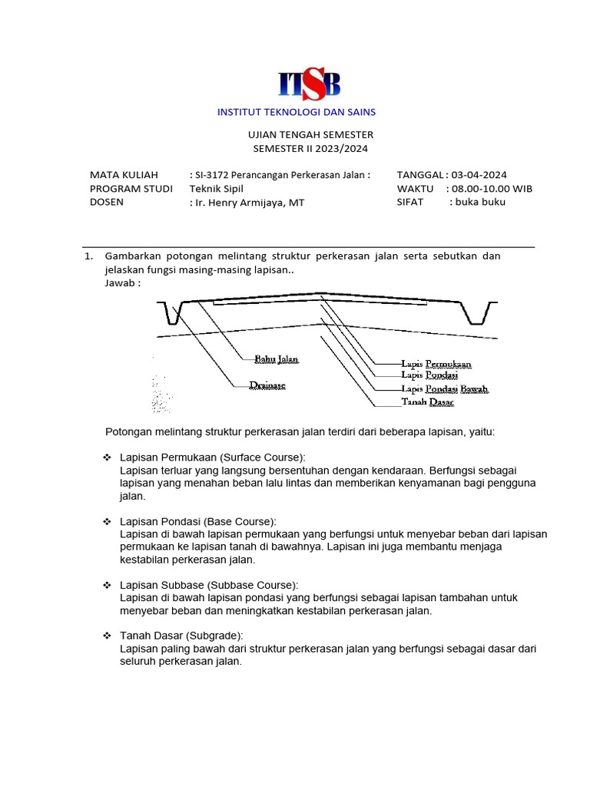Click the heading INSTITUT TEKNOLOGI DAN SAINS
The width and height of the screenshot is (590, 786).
pyautogui.click(x=297, y=112)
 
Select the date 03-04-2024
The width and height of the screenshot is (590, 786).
pyautogui.click(x=479, y=175)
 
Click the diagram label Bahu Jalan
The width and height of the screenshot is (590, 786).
pyautogui.click(x=276, y=358)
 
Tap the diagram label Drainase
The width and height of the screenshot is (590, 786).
pyautogui.click(x=267, y=385)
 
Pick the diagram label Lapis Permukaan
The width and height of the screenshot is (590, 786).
pyautogui.click(x=436, y=363)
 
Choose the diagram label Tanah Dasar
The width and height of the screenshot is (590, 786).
pyautogui.click(x=427, y=401)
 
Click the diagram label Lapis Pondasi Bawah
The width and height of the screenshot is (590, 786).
pyautogui.click(x=445, y=388)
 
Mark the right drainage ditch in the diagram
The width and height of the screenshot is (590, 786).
pyautogui.click(x=476, y=312)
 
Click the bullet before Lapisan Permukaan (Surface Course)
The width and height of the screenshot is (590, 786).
pyautogui.click(x=108, y=457)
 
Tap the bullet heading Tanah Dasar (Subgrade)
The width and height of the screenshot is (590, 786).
pyautogui.click(x=181, y=636)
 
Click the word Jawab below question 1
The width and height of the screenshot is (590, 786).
pyautogui.click(x=122, y=282)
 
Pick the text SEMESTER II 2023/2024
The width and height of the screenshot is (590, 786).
pyautogui.click(x=305, y=148)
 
